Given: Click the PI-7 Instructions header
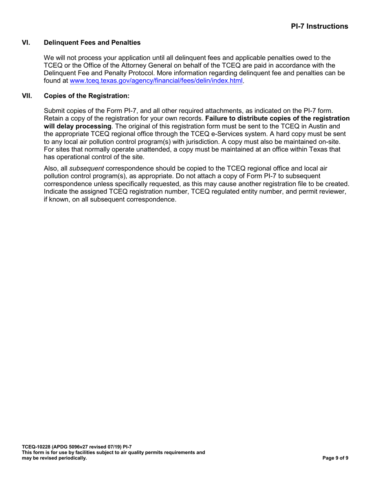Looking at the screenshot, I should click(319, 26).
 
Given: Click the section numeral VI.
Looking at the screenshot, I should click(26, 42).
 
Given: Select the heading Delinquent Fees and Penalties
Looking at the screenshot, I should click(92, 42).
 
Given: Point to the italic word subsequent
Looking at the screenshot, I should click(86, 169).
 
